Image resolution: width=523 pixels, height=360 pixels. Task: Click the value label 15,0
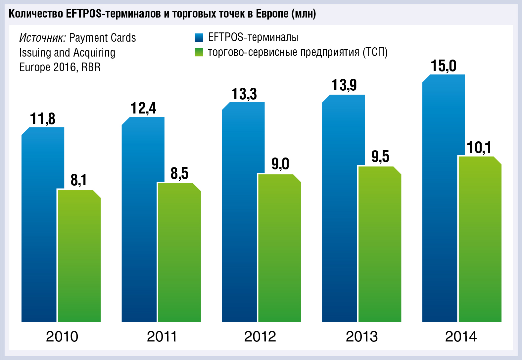point(443,66)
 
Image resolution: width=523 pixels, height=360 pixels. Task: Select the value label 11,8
point(43,119)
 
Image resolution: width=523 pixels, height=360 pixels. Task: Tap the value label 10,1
point(479,147)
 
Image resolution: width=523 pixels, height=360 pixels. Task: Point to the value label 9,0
point(280,164)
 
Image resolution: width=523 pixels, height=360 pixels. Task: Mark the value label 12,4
point(143,108)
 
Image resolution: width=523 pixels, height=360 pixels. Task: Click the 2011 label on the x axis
point(162,337)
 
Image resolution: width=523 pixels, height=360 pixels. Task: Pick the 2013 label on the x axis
point(361,337)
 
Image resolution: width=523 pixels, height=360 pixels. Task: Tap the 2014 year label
point(461,337)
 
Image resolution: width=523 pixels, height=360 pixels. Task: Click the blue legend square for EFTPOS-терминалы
point(199,38)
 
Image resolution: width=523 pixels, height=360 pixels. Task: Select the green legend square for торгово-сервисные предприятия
point(199,52)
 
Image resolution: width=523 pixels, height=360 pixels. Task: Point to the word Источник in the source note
point(42,38)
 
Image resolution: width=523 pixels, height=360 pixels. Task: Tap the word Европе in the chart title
point(272,14)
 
